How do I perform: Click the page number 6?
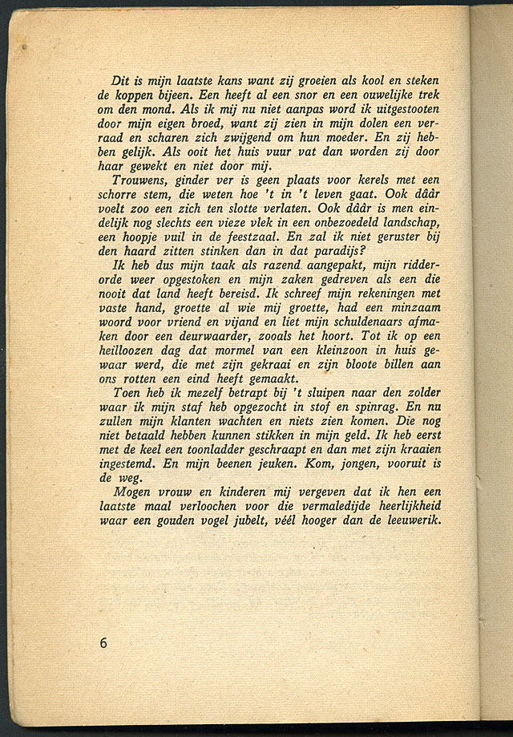tap(103, 642)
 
